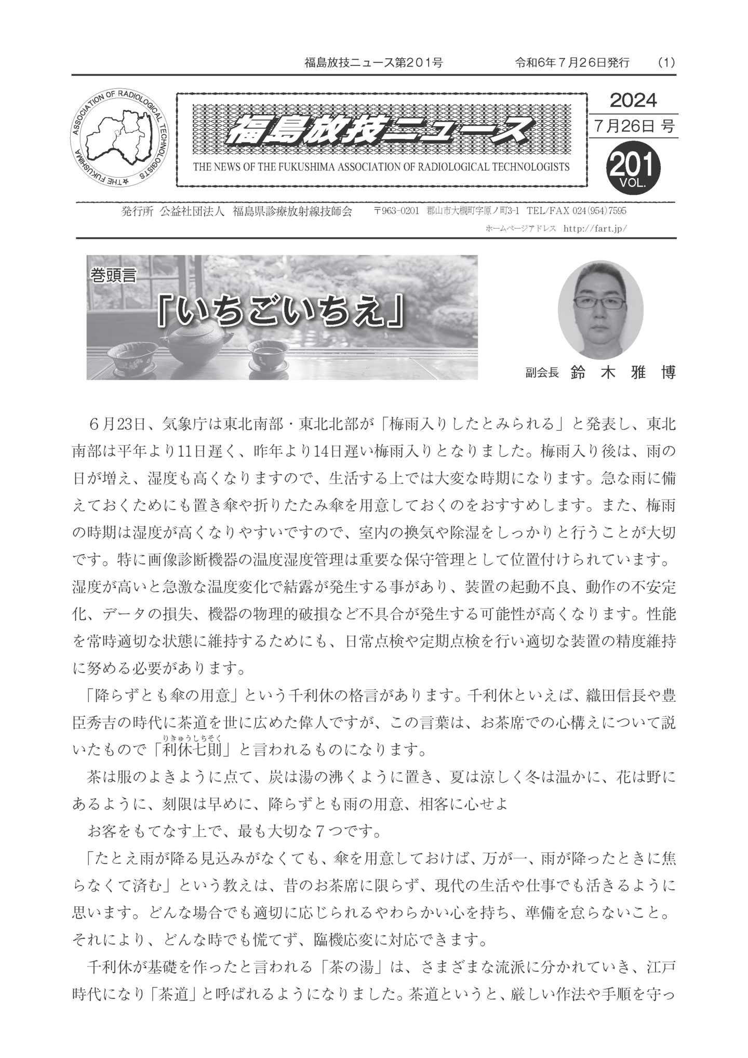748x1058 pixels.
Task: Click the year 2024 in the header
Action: click(633, 100)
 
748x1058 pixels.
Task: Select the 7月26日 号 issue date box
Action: click(633, 126)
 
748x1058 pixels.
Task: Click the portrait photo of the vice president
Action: click(600, 309)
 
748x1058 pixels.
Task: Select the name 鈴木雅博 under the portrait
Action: click(623, 372)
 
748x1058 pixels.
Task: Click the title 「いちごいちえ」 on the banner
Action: click(281, 313)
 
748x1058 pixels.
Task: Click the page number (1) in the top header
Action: click(665, 63)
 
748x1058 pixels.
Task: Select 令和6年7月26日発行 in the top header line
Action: click(572, 63)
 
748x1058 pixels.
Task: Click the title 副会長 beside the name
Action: click(541, 373)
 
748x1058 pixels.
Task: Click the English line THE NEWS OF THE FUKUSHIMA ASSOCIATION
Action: click(381, 167)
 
